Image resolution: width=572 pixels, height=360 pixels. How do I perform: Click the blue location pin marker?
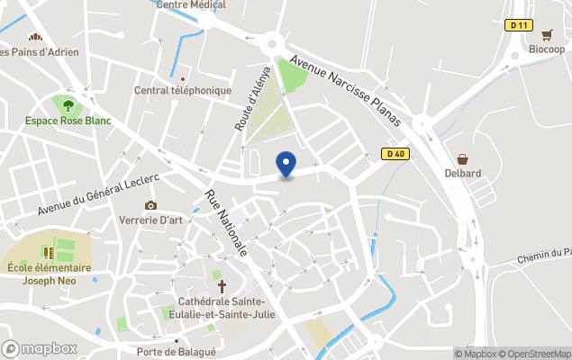(286, 165)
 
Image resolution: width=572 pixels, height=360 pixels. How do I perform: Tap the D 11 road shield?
(517, 25)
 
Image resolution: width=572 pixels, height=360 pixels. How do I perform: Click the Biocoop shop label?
(547, 49)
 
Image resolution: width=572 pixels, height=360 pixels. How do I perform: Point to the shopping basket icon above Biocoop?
(547, 35)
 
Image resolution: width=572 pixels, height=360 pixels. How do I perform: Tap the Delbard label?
(462, 173)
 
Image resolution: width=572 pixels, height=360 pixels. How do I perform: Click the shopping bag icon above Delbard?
(462, 158)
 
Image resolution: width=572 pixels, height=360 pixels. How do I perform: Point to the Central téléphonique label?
(183, 90)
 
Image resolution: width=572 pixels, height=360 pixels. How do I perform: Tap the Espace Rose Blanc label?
(68, 121)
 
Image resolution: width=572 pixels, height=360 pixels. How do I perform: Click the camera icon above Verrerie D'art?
(150, 206)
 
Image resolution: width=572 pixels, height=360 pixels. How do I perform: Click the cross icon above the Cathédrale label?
(222, 285)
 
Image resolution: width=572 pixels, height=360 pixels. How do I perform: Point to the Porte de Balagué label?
(177, 351)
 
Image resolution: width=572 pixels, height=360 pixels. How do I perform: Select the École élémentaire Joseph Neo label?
(49, 273)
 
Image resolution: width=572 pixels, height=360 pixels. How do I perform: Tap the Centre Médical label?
(190, 4)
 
